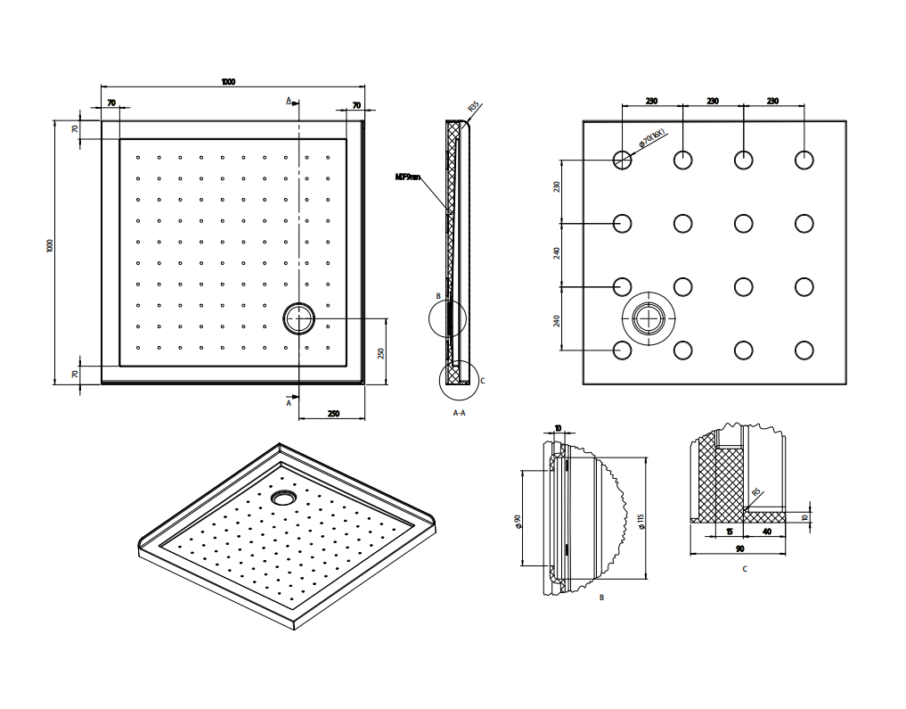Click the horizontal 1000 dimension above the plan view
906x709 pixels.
click(x=228, y=82)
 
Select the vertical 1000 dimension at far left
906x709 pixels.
click(x=51, y=245)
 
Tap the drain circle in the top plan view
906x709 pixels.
click(x=298, y=317)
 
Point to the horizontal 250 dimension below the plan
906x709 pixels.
click(x=333, y=413)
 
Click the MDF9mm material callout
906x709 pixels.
click(x=407, y=177)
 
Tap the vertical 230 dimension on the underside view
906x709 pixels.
click(x=557, y=186)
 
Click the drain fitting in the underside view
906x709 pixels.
click(x=650, y=318)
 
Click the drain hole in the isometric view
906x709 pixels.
click(x=284, y=496)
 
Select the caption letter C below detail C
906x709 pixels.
click(x=744, y=568)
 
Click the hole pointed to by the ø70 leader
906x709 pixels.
click(x=622, y=160)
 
